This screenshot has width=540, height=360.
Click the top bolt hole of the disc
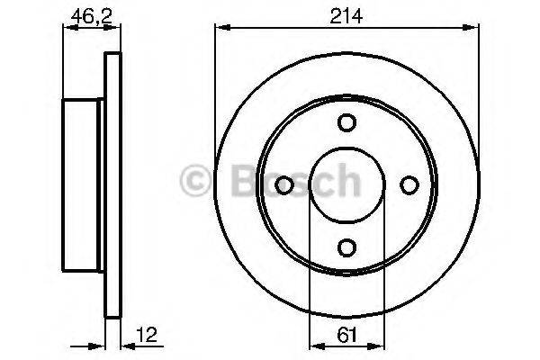[346, 123]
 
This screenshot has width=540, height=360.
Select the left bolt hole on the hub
[283, 185]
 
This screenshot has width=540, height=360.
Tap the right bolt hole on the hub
[409, 185]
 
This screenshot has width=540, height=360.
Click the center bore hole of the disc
[346, 184]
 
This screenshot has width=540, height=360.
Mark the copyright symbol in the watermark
[195, 183]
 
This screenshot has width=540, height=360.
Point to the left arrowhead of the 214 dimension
[220, 29]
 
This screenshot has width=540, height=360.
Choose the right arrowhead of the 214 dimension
[471, 29]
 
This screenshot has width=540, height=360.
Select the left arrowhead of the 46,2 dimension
[67, 29]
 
